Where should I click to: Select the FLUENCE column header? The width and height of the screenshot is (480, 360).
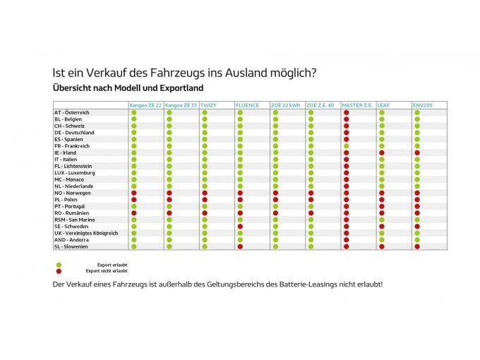(246, 105)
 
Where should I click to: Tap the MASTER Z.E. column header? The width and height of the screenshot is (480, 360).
(357, 105)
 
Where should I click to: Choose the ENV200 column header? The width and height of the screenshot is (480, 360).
(424, 105)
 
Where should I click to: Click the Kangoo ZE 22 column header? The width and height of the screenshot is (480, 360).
(145, 105)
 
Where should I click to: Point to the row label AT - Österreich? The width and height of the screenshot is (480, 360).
(73, 112)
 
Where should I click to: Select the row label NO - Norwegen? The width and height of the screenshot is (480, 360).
(73, 193)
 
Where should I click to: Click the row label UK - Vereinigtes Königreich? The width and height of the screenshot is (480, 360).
(86, 233)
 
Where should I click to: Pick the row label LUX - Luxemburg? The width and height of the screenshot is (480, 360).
(74, 173)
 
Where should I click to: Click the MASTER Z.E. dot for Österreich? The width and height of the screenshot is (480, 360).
(347, 112)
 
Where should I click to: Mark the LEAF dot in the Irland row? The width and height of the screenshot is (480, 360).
(382, 152)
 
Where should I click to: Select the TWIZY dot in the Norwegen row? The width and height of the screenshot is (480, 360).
(205, 193)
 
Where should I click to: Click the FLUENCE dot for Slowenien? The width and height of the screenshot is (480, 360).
(240, 246)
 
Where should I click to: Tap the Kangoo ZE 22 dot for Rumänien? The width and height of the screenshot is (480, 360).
(134, 213)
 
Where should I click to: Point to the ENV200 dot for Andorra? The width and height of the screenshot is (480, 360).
(417, 240)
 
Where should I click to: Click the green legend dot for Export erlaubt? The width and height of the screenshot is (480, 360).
(59, 265)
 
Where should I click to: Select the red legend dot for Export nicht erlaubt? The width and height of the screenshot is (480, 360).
(59, 270)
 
